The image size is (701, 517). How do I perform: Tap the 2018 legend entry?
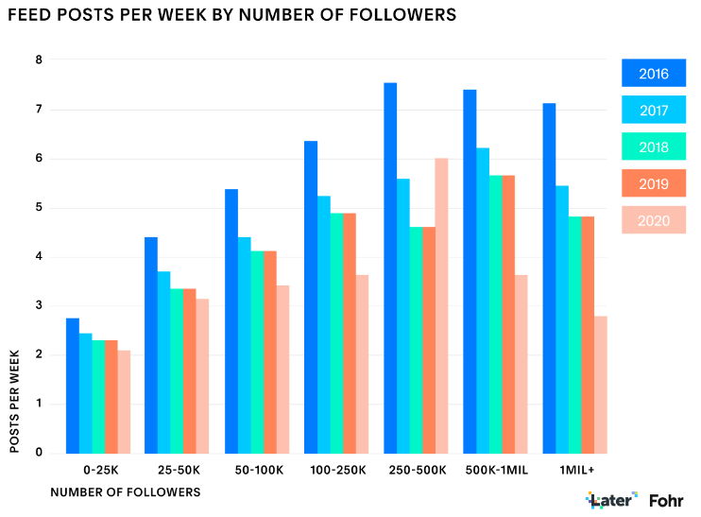(653, 147)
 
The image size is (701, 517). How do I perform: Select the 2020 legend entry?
(653, 220)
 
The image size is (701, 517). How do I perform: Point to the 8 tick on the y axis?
(39, 60)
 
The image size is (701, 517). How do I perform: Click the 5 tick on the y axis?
(39, 208)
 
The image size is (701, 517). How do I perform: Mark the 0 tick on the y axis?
(39, 453)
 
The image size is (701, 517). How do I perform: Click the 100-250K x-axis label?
(336, 470)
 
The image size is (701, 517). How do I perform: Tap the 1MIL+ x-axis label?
(575, 470)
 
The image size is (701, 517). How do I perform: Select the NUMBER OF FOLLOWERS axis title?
(125, 492)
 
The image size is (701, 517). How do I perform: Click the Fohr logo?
(667, 499)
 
